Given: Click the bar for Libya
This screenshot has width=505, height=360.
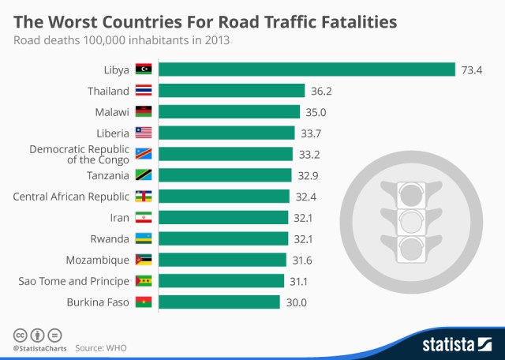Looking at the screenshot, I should tap(307, 69).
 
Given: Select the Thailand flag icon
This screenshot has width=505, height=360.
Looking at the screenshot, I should tap(144, 90).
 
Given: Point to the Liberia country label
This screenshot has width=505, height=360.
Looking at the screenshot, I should tap(112, 133).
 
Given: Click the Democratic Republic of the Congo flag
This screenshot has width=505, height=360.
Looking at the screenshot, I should tap(144, 153).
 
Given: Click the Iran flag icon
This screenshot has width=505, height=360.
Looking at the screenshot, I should tap(144, 217).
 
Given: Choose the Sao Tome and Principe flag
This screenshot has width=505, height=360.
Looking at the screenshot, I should tap(144, 280).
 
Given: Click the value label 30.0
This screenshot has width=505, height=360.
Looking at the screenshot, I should tap(296, 302).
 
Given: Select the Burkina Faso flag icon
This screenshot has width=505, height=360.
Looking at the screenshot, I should tap(144, 302).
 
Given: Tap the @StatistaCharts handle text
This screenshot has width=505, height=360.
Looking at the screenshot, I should tap(38, 347).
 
